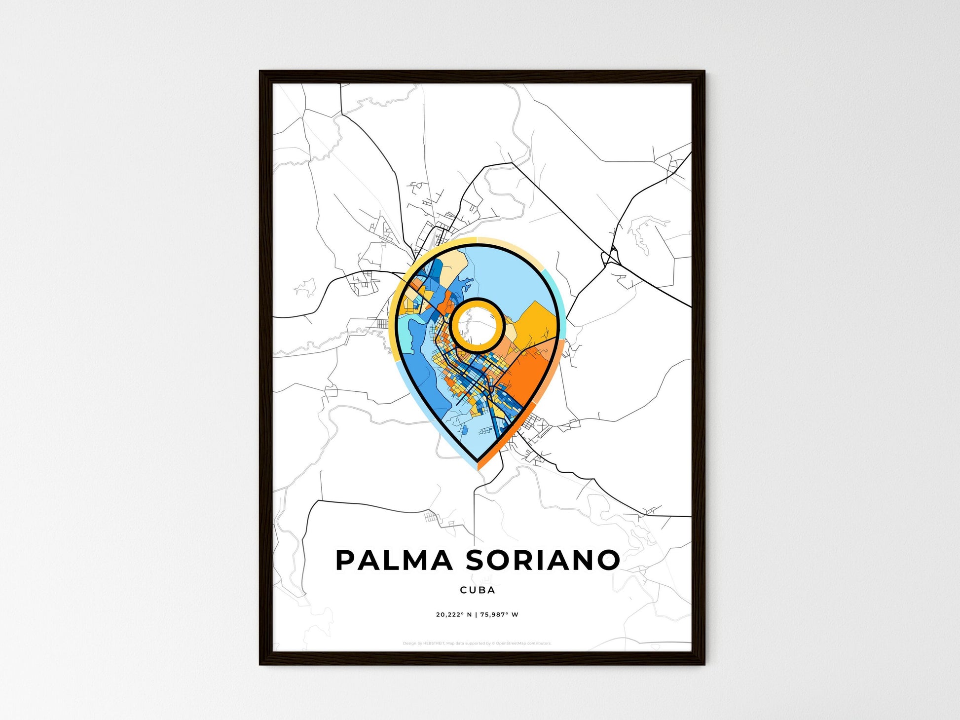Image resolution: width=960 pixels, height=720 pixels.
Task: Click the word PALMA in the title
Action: click(394, 560)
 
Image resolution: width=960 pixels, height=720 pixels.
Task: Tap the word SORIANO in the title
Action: click(543, 560)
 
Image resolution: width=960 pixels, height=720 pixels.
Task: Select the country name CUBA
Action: click(477, 590)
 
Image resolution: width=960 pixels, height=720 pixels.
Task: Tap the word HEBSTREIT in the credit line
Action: click(434, 644)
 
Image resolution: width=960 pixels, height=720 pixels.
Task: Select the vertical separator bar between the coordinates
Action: click(476, 614)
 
